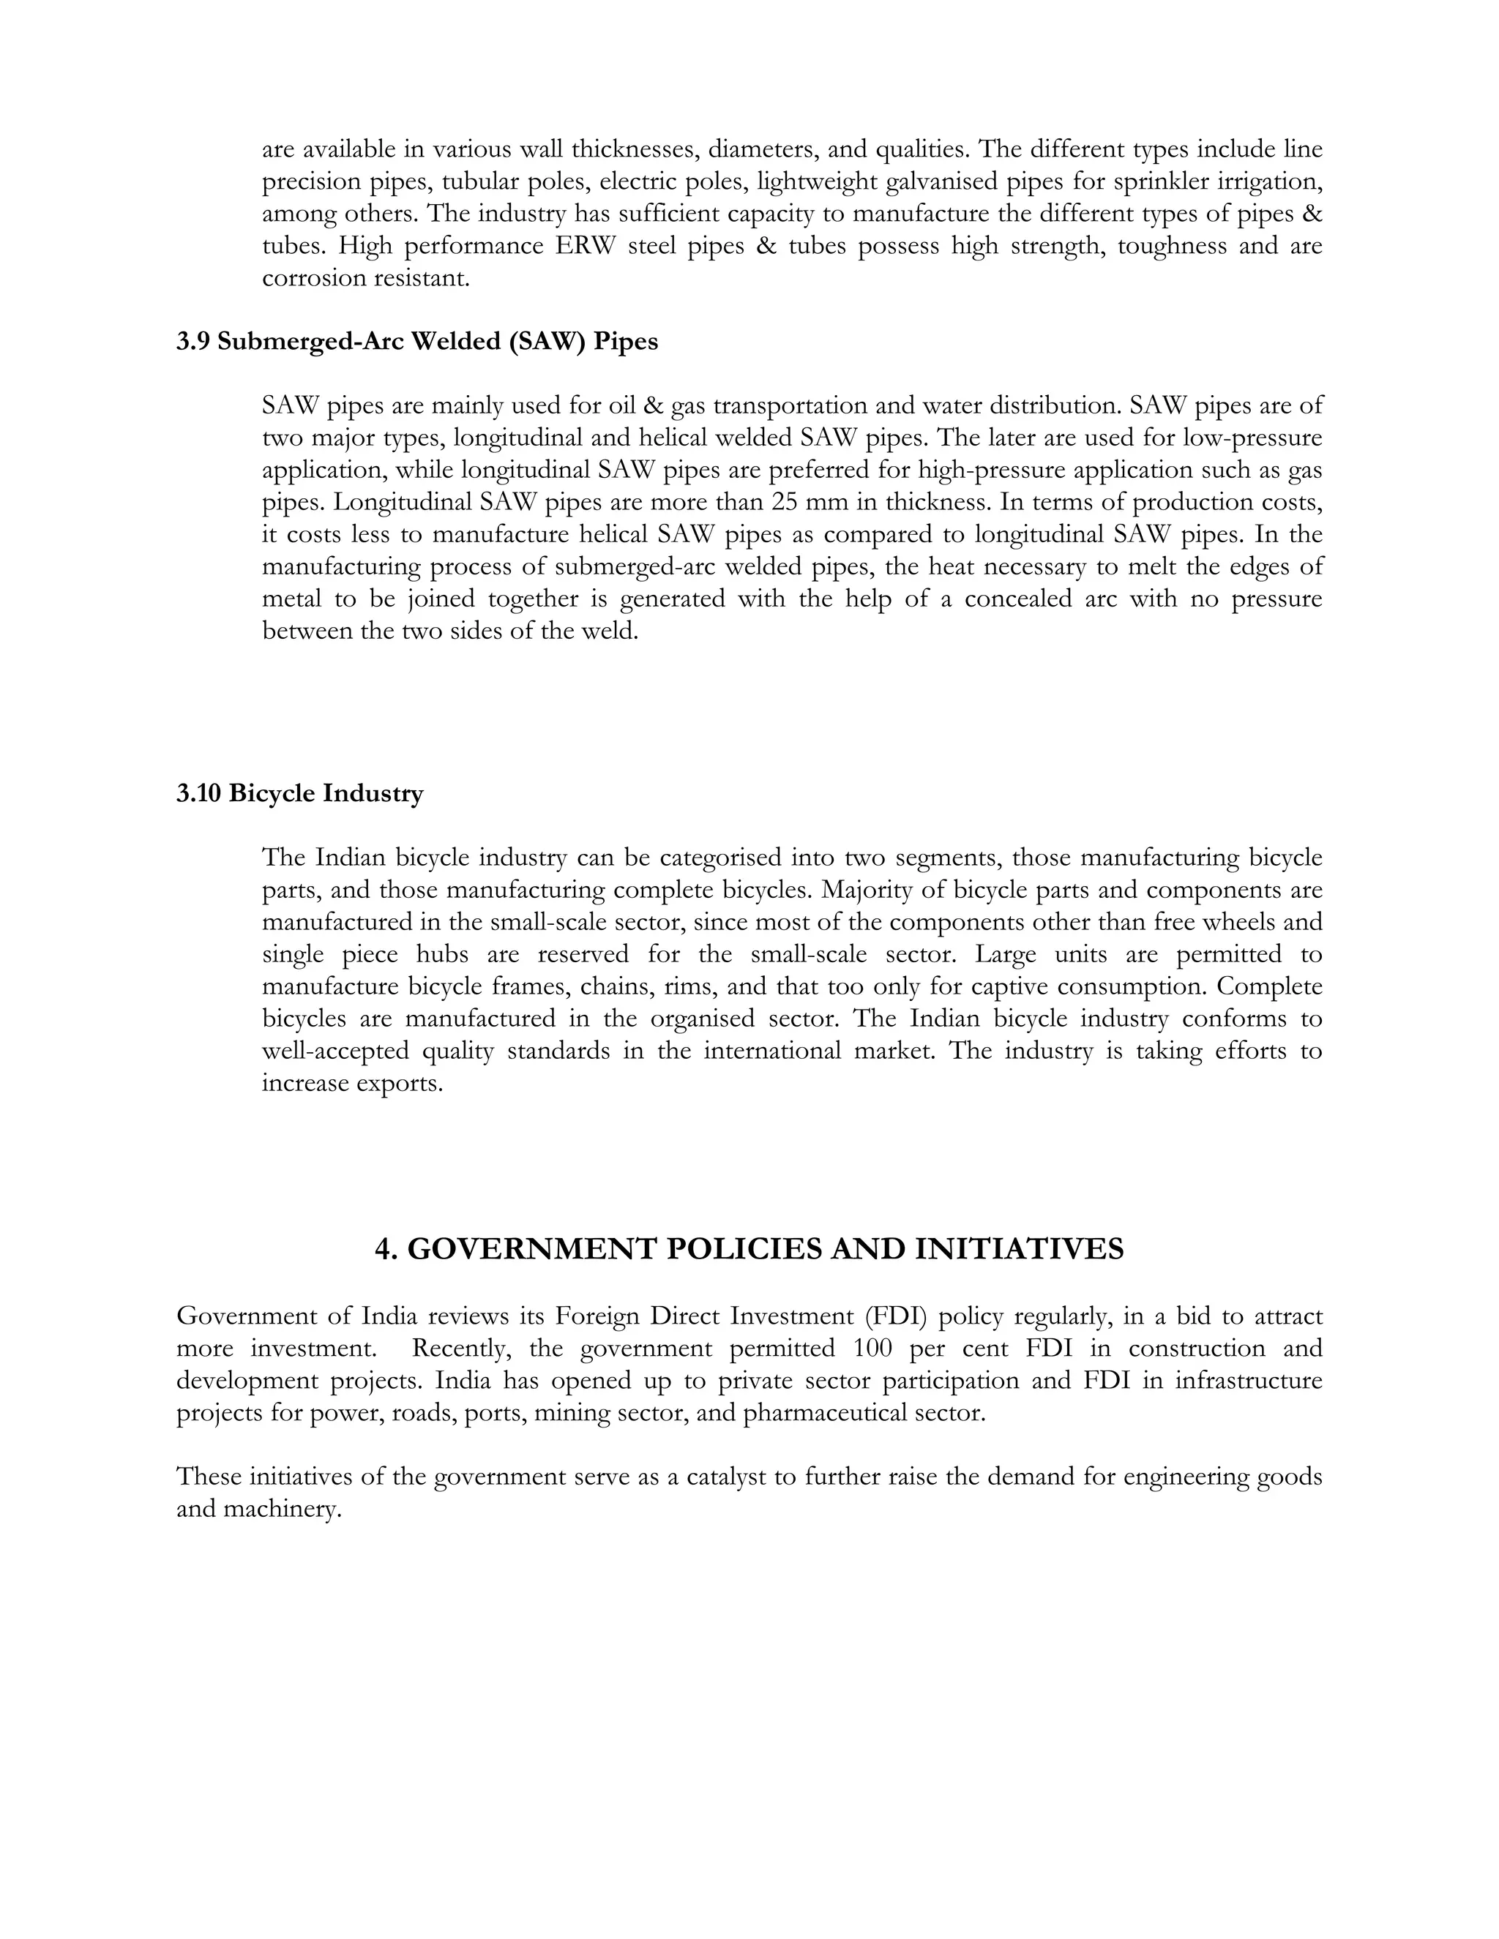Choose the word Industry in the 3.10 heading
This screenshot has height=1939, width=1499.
373,793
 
